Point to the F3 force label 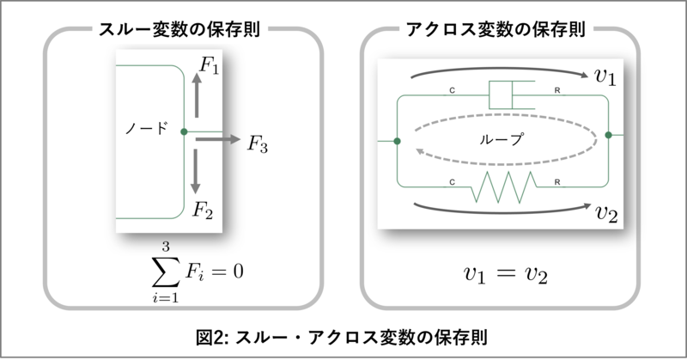pos(258,143)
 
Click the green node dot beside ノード pos(184,131)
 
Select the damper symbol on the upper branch pos(502,95)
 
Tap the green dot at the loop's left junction pos(397,139)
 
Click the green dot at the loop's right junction pos(608,134)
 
